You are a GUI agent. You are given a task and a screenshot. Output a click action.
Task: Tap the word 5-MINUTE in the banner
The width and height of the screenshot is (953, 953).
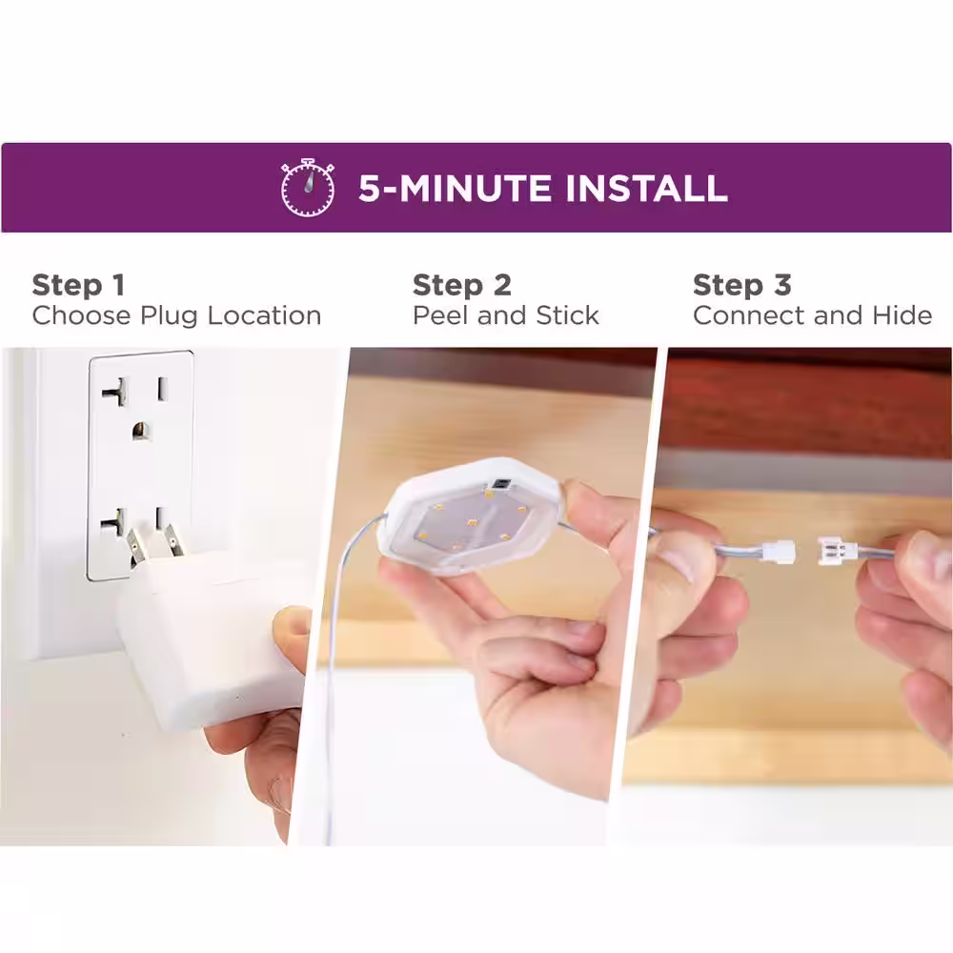click(455, 188)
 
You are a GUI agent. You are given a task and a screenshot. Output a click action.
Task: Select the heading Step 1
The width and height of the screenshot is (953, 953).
click(78, 285)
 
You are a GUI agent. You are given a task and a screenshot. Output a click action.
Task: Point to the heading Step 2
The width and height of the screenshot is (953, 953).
click(462, 285)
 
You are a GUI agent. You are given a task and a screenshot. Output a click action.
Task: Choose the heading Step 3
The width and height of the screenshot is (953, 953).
click(742, 285)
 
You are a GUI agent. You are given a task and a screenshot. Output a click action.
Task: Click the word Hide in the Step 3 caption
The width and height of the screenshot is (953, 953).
click(902, 315)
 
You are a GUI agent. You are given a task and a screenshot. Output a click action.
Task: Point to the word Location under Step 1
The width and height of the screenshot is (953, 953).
click(264, 315)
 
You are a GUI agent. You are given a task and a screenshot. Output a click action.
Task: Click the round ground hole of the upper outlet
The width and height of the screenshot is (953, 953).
click(141, 431)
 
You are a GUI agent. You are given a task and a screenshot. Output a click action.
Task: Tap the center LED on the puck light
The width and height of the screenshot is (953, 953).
click(473, 522)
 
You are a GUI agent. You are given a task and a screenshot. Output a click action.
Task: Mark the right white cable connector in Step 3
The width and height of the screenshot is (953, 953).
click(837, 551)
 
